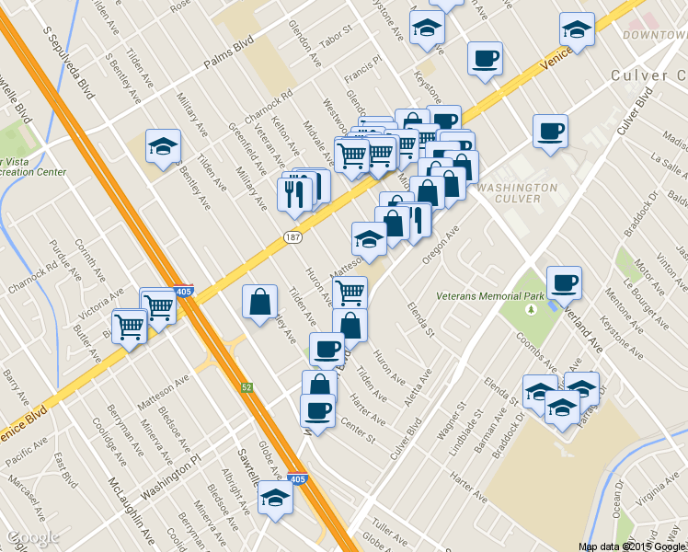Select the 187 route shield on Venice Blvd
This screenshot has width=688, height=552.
coord(292,237)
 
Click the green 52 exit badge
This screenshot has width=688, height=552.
coord(247,388)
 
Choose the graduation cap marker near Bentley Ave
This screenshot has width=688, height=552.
coord(163,146)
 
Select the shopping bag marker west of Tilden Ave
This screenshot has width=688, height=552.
coord(260,301)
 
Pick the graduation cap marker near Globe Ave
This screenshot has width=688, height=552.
coord(275,498)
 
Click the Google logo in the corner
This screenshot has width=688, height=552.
coord(32,537)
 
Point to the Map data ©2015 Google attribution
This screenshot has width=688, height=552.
coord(632,546)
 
